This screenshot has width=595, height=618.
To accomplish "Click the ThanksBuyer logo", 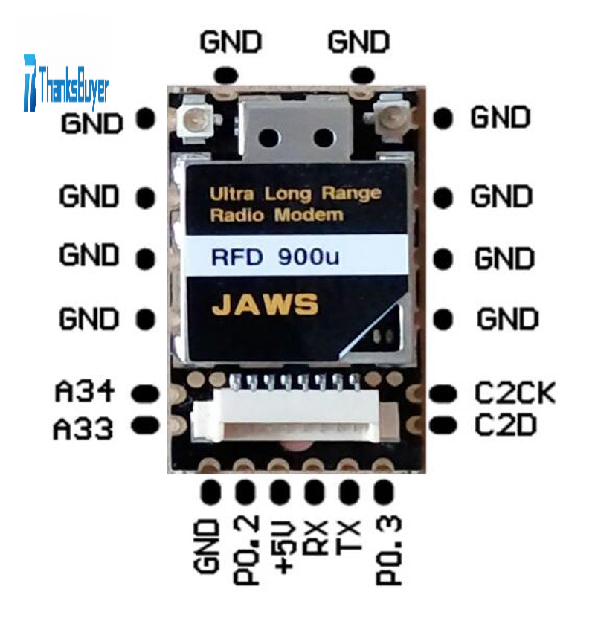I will (67, 82).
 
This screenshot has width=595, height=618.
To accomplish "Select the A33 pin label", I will (83, 428).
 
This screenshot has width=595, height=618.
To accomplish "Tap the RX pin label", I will (315, 538).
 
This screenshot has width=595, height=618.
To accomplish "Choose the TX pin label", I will (350, 537).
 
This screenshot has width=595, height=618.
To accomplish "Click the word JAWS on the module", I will (266, 306).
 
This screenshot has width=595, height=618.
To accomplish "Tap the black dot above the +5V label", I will (280, 492).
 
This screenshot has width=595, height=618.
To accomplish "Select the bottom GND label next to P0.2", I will (210, 547).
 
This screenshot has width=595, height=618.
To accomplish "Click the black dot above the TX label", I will (349, 492).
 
